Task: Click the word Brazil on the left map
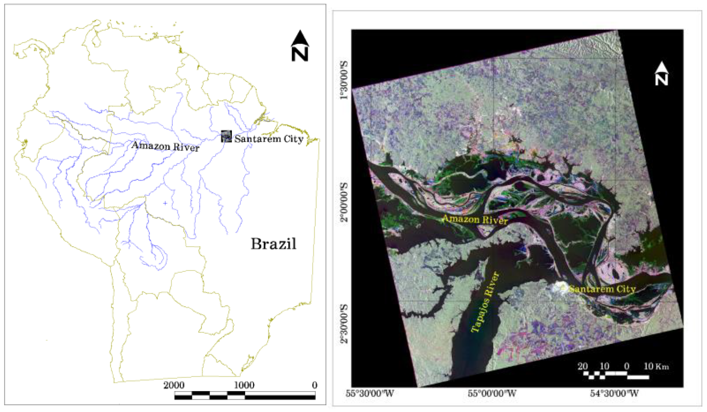pyautogui.click(x=274, y=244)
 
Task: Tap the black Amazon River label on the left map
pyautogui.click(x=165, y=146)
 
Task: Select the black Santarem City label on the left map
pyautogui.click(x=269, y=139)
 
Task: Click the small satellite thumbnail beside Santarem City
pyautogui.click(x=226, y=136)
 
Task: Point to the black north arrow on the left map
pyautogui.click(x=300, y=46)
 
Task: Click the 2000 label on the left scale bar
pyautogui.click(x=174, y=385)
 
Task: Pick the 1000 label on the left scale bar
pyautogui.click(x=244, y=385)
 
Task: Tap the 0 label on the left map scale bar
pyautogui.click(x=314, y=385)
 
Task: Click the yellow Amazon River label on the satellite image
pyautogui.click(x=475, y=220)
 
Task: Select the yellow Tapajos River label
pyautogui.click(x=484, y=302)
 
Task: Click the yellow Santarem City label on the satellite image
pyautogui.click(x=602, y=289)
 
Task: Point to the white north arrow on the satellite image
pyautogui.click(x=661, y=74)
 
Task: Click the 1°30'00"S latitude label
pyautogui.click(x=344, y=80)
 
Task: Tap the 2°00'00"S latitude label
pyautogui.click(x=344, y=202)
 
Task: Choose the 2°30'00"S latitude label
pyautogui.click(x=344, y=324)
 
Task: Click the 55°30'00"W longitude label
pyautogui.click(x=370, y=393)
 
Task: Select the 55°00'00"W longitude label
pyautogui.click(x=492, y=393)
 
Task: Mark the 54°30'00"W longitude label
pyautogui.click(x=614, y=393)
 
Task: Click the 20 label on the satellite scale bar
pyautogui.click(x=583, y=366)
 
